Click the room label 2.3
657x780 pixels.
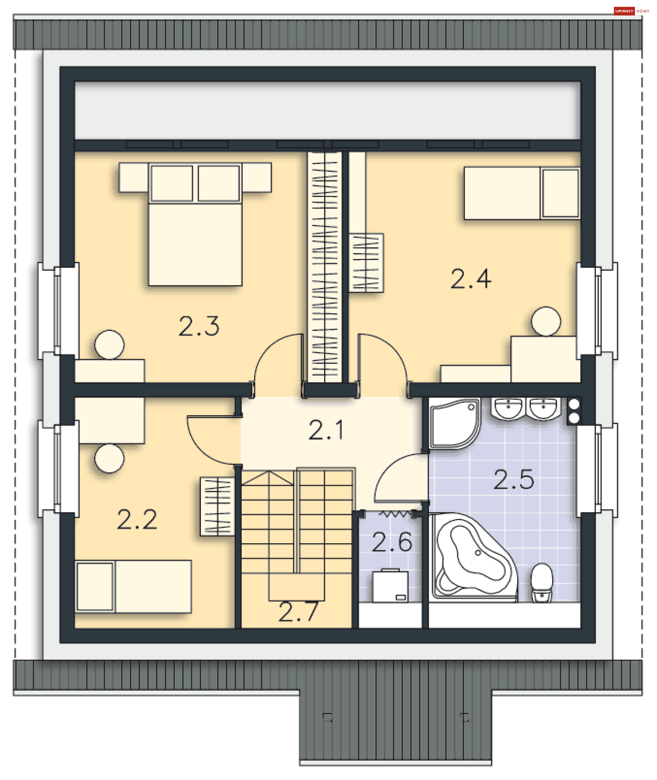(199, 326)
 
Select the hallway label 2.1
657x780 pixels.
(326, 430)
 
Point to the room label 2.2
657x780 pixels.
(137, 519)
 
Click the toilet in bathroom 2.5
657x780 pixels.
(542, 583)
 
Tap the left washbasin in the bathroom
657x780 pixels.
(508, 408)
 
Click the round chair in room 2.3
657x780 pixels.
(109, 345)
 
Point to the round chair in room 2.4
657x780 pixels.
(546, 321)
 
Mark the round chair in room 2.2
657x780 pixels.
(109, 458)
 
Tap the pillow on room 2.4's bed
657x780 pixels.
(561, 193)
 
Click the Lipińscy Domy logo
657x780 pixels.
(632, 11)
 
